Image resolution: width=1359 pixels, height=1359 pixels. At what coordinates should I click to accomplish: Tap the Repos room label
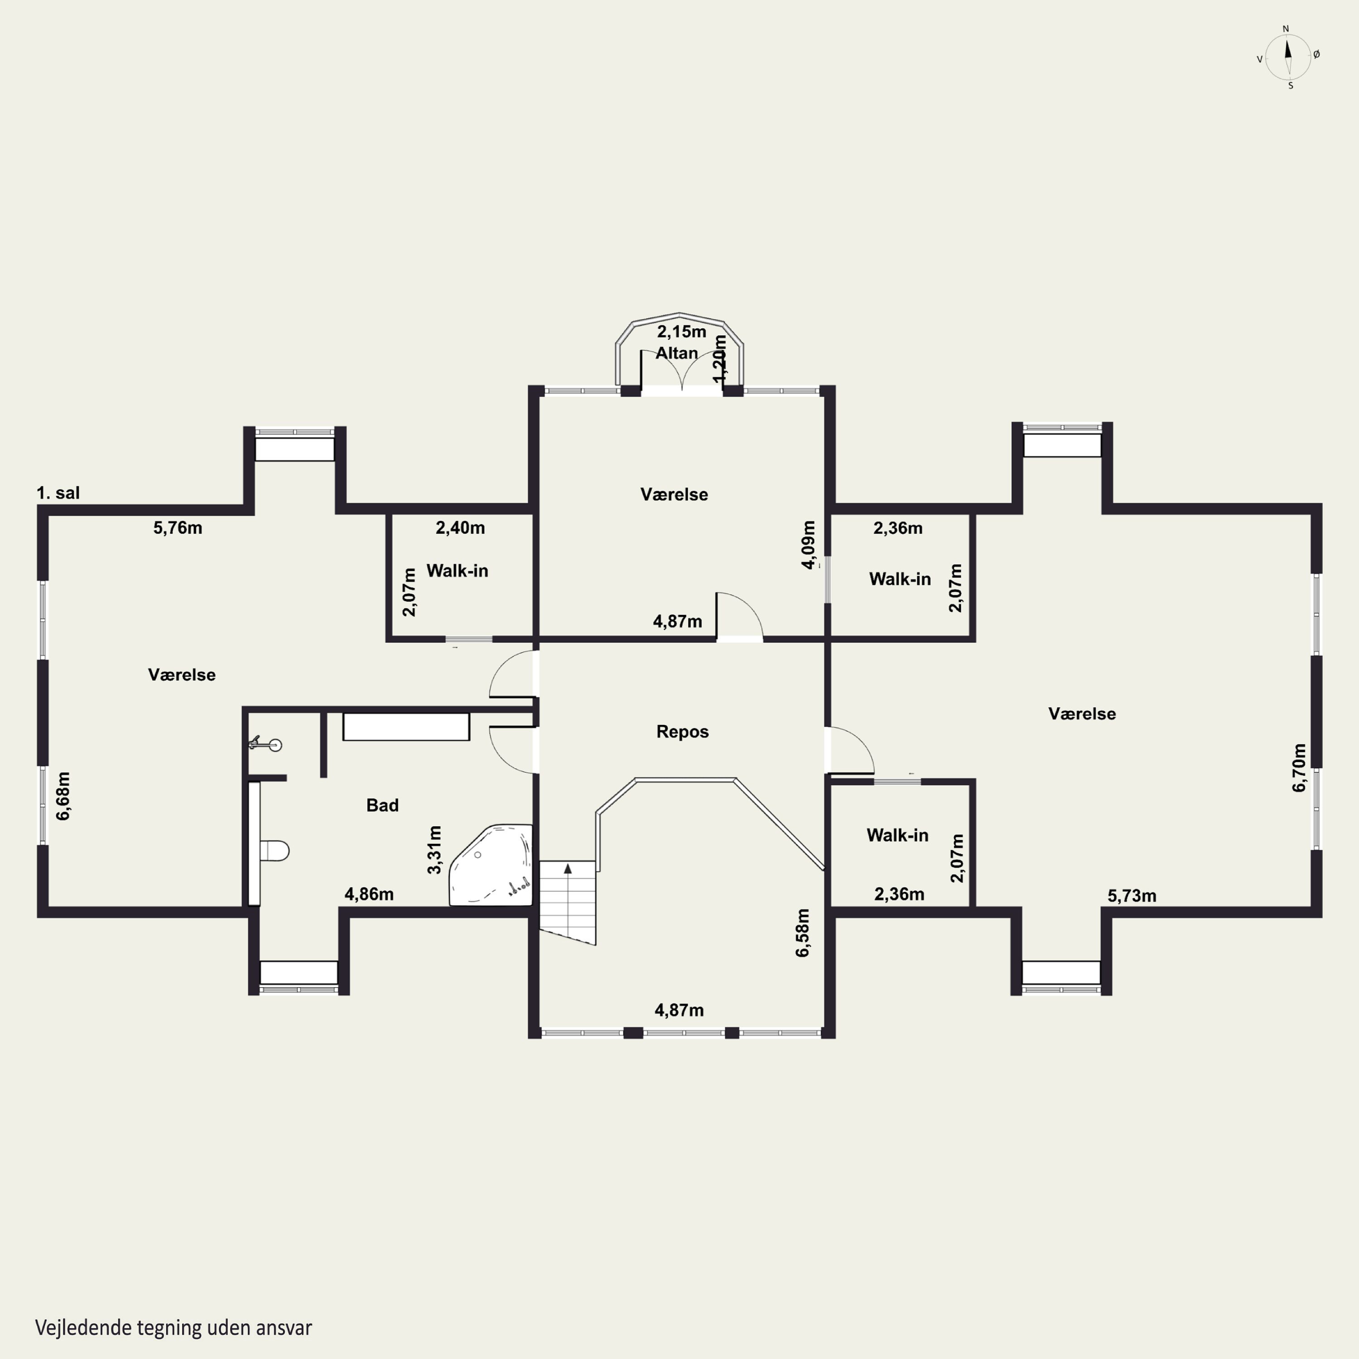click(682, 732)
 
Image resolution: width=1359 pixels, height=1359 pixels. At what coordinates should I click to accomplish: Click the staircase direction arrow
click(568, 869)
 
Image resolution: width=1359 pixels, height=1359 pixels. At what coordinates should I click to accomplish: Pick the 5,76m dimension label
click(178, 528)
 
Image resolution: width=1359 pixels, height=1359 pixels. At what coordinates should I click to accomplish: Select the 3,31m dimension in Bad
click(435, 850)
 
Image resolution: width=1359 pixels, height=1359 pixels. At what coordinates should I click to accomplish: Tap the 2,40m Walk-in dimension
click(460, 528)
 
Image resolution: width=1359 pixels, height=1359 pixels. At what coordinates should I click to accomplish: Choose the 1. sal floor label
click(58, 493)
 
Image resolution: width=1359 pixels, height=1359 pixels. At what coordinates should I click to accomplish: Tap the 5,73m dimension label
click(1132, 896)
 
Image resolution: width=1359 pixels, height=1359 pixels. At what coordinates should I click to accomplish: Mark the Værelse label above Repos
click(674, 495)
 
